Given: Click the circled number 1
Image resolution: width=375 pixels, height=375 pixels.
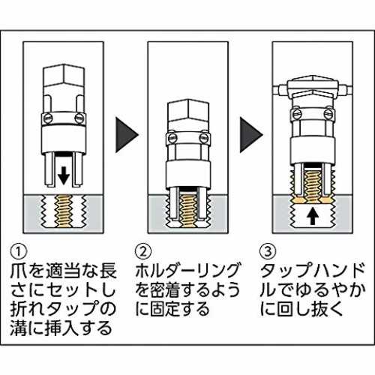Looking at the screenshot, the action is (19, 251).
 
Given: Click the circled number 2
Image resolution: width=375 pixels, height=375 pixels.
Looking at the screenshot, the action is (143, 251).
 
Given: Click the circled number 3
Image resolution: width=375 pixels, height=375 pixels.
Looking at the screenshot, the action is (268, 251).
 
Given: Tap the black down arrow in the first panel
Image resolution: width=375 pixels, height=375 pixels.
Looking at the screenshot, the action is (64, 175).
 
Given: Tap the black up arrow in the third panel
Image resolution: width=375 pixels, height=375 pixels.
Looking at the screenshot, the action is (313, 217).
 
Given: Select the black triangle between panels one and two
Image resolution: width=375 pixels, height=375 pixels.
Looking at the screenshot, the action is (127, 135).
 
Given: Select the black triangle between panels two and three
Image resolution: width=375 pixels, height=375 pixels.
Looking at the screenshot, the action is (251, 135).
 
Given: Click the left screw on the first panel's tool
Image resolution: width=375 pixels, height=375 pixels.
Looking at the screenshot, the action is (46, 118).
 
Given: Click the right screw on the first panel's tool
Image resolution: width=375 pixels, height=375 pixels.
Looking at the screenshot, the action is (79, 118).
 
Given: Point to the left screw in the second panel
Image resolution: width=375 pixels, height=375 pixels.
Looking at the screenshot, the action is (171, 137).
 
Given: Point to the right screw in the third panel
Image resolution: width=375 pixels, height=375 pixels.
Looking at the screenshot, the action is (329, 114).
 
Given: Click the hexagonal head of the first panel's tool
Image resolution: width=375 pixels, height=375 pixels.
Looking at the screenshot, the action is (64, 76).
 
